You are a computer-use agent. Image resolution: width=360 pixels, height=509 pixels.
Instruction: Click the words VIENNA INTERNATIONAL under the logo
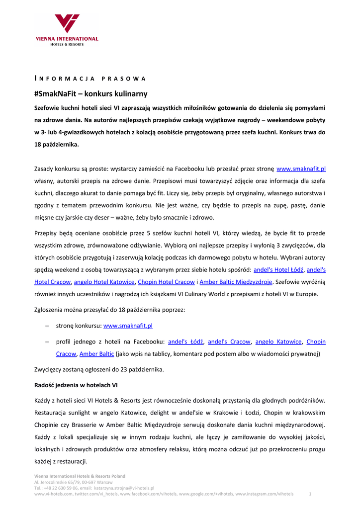pos(67,39)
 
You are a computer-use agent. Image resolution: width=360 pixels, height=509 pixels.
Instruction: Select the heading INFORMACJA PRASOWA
pos(90,79)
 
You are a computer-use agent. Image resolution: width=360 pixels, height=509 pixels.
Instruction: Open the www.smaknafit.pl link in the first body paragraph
pos(301,169)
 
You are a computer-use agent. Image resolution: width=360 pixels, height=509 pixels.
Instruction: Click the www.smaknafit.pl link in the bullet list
pos(128,326)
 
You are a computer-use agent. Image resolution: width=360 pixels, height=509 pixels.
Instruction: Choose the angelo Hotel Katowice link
pos(104,282)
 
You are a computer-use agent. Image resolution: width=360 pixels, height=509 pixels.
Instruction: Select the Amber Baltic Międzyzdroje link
pos(236,282)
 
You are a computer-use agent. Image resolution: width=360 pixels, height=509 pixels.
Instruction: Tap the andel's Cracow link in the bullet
pos(229,341)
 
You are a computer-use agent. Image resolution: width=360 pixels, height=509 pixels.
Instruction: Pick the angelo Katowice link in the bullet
pos(278,341)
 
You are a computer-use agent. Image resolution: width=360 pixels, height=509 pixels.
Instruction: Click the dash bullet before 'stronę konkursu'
pos(47,326)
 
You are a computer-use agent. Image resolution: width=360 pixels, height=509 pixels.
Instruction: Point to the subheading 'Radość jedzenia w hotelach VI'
pos(76,385)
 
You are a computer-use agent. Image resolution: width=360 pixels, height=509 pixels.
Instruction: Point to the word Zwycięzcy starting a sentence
pos(51,369)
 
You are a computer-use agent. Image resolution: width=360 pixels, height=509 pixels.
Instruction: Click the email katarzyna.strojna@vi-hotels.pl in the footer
pos(124,488)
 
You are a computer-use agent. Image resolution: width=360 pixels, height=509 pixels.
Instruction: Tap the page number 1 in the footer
pos(310,494)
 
